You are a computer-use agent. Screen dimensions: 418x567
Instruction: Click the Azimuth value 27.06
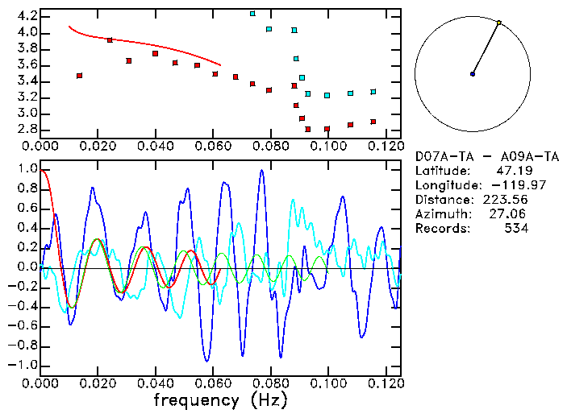pyautogui.click(x=511, y=214)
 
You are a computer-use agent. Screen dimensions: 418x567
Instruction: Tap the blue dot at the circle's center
pyautogui.click(x=473, y=74)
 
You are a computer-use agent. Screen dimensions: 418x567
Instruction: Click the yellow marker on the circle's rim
pyautogui.click(x=499, y=23)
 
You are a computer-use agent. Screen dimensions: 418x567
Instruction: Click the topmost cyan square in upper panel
pyautogui.click(x=252, y=14)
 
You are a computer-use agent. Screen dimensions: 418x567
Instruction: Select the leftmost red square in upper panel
pyautogui.click(x=79, y=76)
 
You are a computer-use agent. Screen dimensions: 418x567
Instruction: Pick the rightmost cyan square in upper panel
pyautogui.click(x=373, y=92)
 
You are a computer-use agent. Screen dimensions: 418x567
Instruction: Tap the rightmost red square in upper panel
pyautogui.click(x=373, y=122)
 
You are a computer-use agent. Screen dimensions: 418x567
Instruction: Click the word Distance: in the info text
pyautogui.click(x=444, y=200)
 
